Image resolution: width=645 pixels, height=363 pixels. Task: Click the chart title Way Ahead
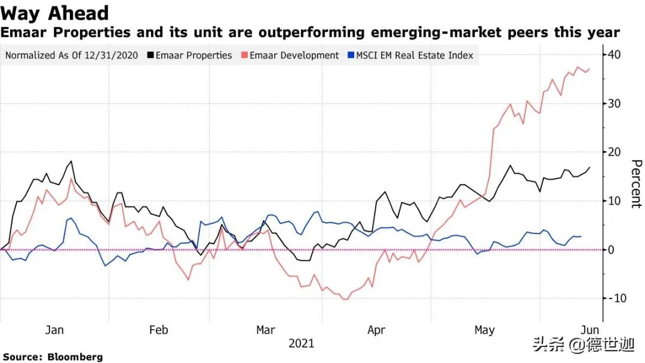[x=55, y=13]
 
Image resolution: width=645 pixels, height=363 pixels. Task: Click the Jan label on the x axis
[x=54, y=330]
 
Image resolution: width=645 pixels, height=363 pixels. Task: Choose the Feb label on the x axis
[x=158, y=330]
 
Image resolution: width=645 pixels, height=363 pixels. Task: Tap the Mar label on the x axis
[x=265, y=330]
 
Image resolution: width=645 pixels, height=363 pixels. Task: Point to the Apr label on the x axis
[x=376, y=330]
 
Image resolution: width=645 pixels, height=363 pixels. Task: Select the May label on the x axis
[x=484, y=330]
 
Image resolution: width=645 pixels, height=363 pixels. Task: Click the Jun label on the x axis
[x=590, y=330]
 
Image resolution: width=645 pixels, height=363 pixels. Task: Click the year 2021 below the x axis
[x=301, y=344]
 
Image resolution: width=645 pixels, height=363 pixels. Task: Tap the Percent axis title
[x=636, y=183]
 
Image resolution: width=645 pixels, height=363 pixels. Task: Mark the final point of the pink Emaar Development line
[x=589, y=69]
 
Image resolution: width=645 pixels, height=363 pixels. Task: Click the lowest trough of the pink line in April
[x=345, y=299]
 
